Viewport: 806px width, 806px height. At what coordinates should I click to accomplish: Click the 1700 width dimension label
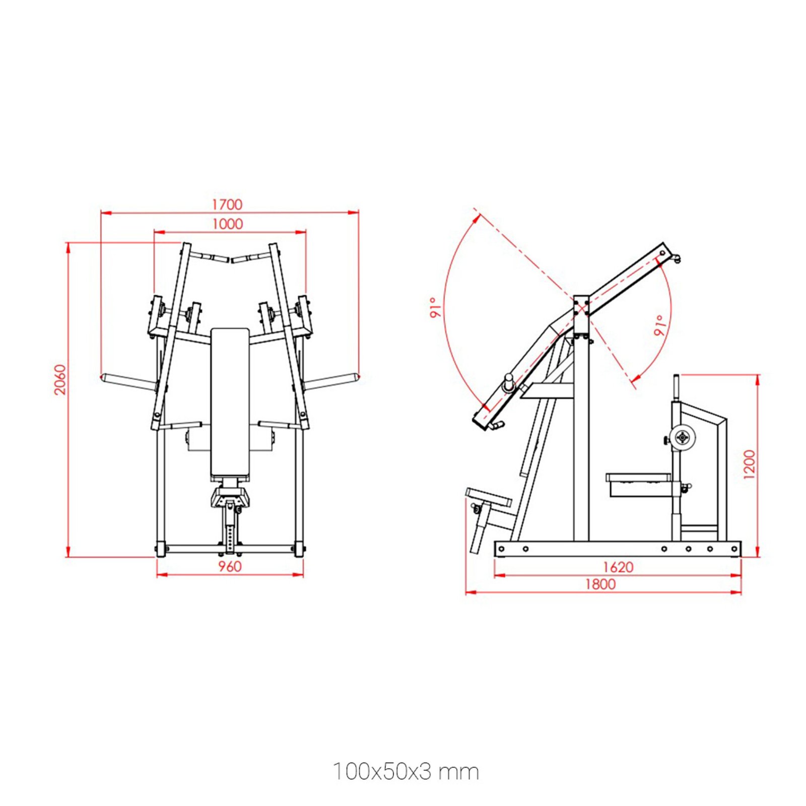(227, 204)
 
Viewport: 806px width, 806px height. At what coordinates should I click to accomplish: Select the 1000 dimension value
(227, 224)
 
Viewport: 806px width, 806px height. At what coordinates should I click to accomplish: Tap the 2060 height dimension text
(60, 379)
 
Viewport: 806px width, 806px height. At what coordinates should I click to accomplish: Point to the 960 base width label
(230, 566)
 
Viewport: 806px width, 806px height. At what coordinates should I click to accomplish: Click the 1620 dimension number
(618, 567)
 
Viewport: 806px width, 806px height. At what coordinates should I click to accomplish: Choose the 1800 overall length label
(600, 584)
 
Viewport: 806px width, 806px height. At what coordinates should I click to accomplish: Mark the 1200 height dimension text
(750, 464)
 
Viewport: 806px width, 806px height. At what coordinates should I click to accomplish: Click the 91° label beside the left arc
(436, 307)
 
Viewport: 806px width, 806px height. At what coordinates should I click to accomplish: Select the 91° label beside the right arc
(660, 325)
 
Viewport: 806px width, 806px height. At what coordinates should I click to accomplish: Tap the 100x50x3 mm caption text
(406, 772)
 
